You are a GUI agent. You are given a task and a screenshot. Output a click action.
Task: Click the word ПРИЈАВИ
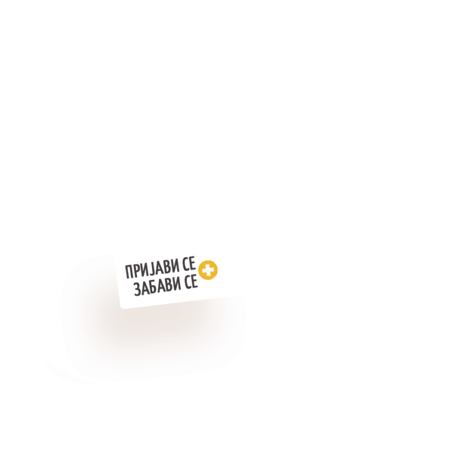[x=152, y=269]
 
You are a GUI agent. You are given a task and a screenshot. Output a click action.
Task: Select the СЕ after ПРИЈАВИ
[x=189, y=264]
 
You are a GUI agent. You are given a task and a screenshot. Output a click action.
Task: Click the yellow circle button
[x=208, y=270]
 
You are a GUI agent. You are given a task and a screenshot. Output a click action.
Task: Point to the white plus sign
[x=208, y=270]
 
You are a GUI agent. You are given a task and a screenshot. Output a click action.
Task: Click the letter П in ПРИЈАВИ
[x=129, y=272]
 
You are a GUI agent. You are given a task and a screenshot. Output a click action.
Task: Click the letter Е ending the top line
[x=193, y=263]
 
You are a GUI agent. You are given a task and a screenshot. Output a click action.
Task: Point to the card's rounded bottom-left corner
[x=121, y=308]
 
